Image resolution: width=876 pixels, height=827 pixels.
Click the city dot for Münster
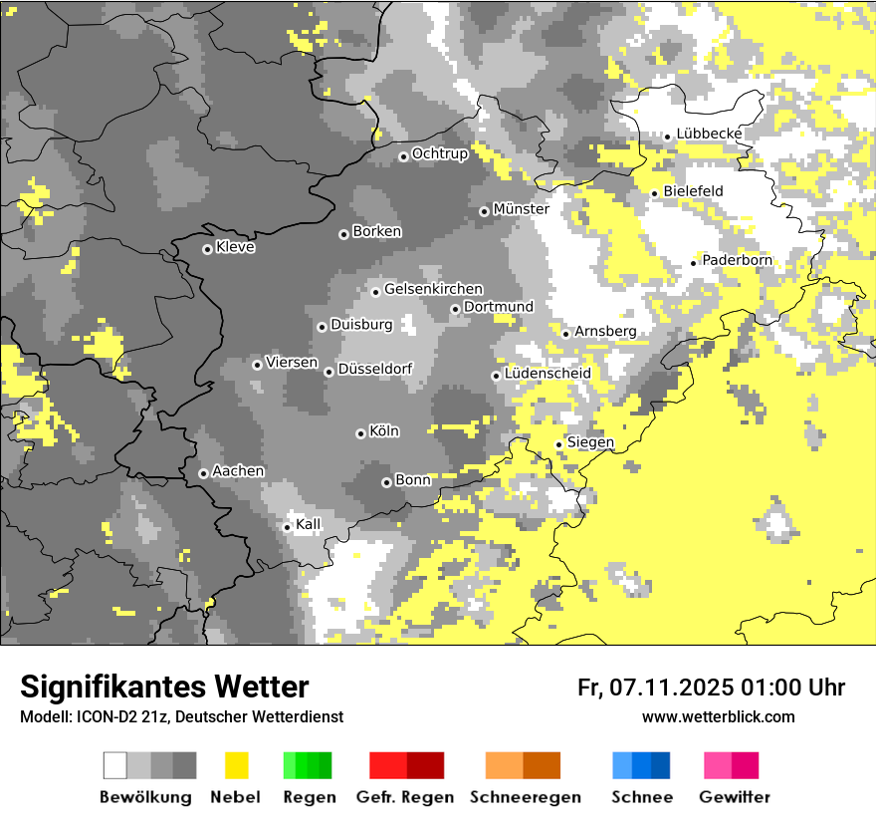[484, 211]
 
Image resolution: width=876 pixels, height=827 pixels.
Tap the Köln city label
[384, 431]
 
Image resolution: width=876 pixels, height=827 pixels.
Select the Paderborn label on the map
[738, 260]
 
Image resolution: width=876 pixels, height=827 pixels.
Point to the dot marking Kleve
[207, 249]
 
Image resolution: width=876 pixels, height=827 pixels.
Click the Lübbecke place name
[709, 134]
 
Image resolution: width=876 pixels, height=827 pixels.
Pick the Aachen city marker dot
[203, 473]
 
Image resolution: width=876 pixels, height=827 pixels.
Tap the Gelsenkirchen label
[433, 289]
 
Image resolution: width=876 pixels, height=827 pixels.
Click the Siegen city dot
[558, 444]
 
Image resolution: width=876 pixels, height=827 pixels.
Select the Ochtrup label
[440, 153]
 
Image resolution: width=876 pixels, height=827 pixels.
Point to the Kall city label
[309, 524]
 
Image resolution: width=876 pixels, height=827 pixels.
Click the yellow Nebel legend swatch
[236, 765]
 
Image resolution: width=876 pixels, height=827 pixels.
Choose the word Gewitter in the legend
[735, 797]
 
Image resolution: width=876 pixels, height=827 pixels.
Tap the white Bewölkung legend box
[115, 765]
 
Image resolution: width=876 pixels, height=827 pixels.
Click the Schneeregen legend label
[526, 797]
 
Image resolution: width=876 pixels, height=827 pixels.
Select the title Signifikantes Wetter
[164, 687]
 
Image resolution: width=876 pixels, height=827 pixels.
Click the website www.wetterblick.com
[719, 716]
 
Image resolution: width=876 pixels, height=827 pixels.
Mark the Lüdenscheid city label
[547, 374]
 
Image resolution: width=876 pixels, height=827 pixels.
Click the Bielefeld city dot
[655, 193]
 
